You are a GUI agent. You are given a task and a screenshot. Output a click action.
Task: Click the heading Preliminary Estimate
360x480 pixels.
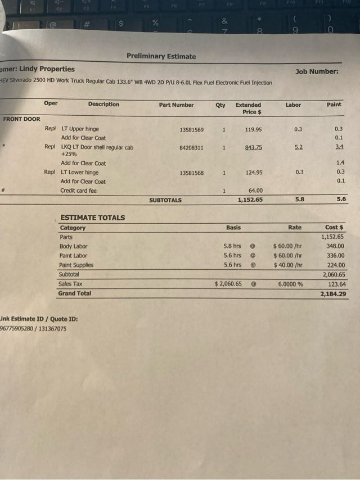(161, 56)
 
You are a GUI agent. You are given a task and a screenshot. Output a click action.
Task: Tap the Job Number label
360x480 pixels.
(317, 71)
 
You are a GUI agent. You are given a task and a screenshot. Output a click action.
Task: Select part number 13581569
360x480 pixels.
(191, 130)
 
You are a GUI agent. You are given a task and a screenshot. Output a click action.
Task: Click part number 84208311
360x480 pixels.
(191, 148)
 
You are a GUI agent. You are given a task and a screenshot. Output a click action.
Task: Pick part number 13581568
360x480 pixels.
(191, 173)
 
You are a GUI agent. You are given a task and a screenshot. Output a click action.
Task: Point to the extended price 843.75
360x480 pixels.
(253, 148)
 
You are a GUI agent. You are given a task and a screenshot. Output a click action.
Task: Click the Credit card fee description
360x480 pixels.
(78, 191)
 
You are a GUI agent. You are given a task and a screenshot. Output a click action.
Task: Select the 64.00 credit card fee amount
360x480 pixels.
(255, 191)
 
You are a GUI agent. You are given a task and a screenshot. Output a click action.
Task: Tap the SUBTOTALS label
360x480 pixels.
(165, 200)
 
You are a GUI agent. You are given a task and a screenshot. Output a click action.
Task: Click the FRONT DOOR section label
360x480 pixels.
(21, 119)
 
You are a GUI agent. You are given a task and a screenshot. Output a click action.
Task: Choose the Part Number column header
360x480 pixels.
(176, 105)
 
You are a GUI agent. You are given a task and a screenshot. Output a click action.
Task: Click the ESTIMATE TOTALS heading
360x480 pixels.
(92, 218)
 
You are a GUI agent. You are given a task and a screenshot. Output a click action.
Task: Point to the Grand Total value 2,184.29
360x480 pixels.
(333, 294)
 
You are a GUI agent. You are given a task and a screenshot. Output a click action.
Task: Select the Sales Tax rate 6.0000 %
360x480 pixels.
(290, 284)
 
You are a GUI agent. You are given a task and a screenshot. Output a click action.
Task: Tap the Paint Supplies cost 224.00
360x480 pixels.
(336, 265)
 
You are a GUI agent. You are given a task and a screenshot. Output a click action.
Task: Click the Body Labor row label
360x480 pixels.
(73, 246)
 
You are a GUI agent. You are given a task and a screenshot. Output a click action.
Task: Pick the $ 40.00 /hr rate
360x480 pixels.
(288, 265)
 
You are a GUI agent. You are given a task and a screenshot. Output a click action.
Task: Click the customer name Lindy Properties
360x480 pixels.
(47, 69)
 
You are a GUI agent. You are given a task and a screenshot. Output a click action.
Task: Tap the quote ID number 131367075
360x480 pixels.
(52, 329)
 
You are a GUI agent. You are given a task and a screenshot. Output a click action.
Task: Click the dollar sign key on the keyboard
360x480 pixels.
(120, 24)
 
